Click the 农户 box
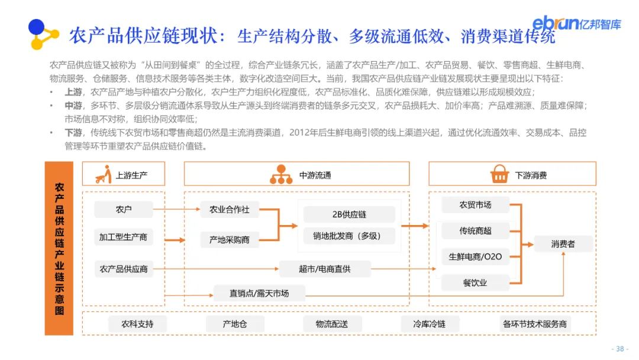click(x=124, y=209)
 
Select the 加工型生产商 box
click(x=124, y=237)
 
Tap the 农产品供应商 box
click(x=124, y=269)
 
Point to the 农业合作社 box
click(x=230, y=209)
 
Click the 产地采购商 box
click(x=230, y=240)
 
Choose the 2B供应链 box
click(x=349, y=214)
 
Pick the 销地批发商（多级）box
click(x=349, y=236)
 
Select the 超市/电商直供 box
click(x=325, y=269)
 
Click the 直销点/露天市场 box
click(x=259, y=294)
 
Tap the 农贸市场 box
click(x=476, y=205)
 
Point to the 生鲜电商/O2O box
click(x=476, y=257)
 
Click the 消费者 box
click(x=563, y=244)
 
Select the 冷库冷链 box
click(x=430, y=324)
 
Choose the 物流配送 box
click(x=332, y=324)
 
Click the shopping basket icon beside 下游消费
click(x=499, y=174)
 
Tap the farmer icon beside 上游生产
click(x=104, y=175)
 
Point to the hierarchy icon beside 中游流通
click(x=281, y=174)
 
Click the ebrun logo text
click(x=556, y=22)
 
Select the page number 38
click(x=620, y=349)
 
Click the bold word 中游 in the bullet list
click(x=73, y=105)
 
